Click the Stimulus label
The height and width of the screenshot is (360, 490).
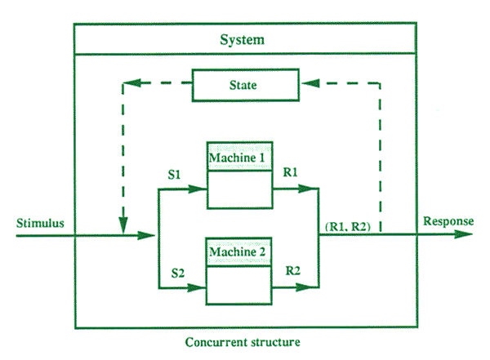(x=39, y=223)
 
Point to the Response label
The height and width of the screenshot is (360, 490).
(x=448, y=221)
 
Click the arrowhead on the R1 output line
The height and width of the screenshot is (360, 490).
(x=311, y=189)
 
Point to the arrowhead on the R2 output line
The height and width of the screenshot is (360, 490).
(x=311, y=287)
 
